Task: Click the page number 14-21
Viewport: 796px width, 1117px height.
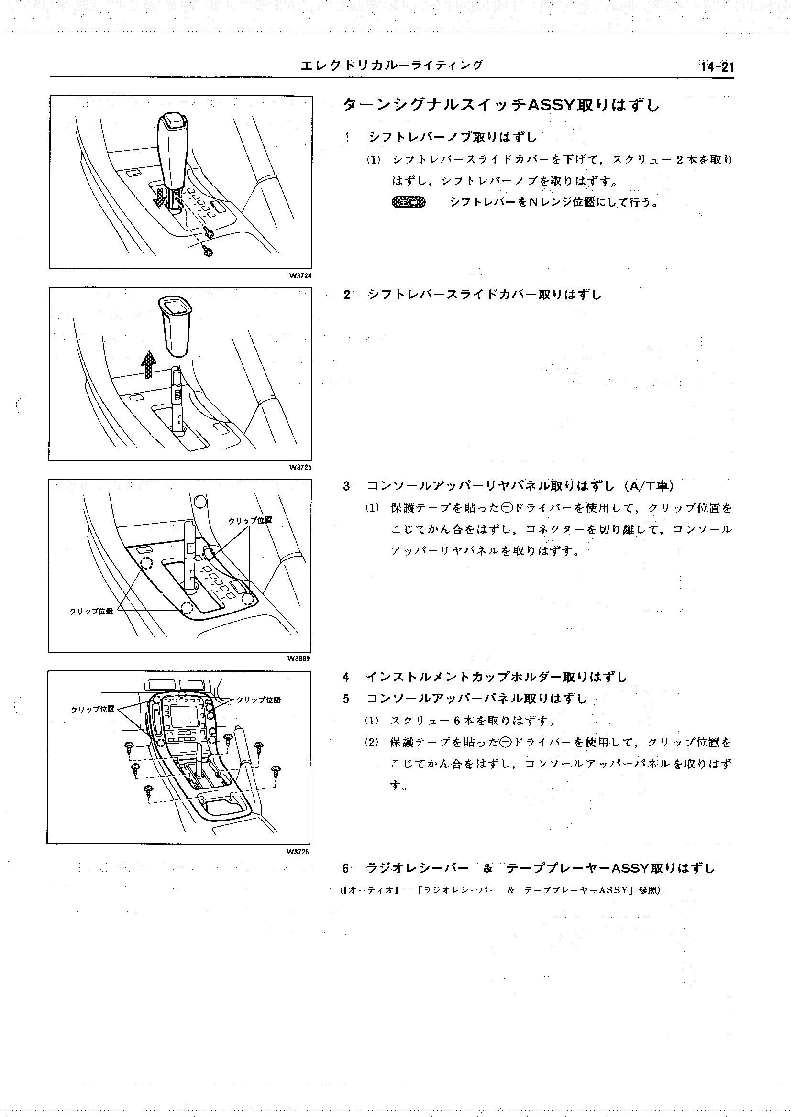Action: pyautogui.click(x=717, y=67)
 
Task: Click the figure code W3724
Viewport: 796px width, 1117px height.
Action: pyautogui.click(x=300, y=276)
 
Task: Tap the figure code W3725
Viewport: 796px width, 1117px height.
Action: pyautogui.click(x=300, y=467)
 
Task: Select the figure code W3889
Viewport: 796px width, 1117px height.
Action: pyautogui.click(x=299, y=659)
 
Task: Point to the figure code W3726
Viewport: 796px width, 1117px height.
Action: pyautogui.click(x=298, y=852)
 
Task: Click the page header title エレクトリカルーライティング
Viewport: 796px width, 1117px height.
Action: pyautogui.click(x=391, y=65)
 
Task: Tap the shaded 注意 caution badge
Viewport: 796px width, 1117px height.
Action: pyautogui.click(x=409, y=202)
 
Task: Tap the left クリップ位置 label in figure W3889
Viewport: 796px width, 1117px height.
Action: pyautogui.click(x=91, y=611)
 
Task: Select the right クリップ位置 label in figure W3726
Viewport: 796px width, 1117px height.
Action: pyautogui.click(x=258, y=700)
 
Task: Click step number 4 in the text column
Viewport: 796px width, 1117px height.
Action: pyautogui.click(x=346, y=678)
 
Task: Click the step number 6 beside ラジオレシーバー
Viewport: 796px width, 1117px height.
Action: pyautogui.click(x=345, y=869)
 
